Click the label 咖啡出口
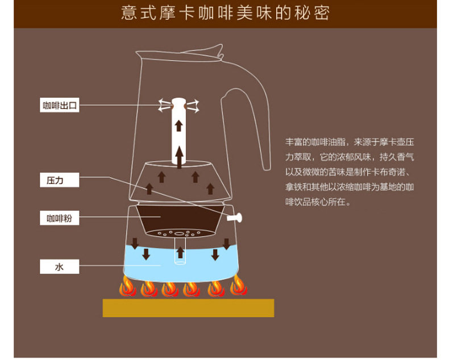60,105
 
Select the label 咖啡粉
60,218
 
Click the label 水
60,266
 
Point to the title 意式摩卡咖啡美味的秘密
225,13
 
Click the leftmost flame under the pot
127,288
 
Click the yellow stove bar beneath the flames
188,308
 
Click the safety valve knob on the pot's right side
234,217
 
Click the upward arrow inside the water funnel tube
180,252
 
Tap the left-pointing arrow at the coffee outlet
165,104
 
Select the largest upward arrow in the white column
179,154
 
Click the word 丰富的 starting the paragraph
296,142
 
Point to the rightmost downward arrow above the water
226,244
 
